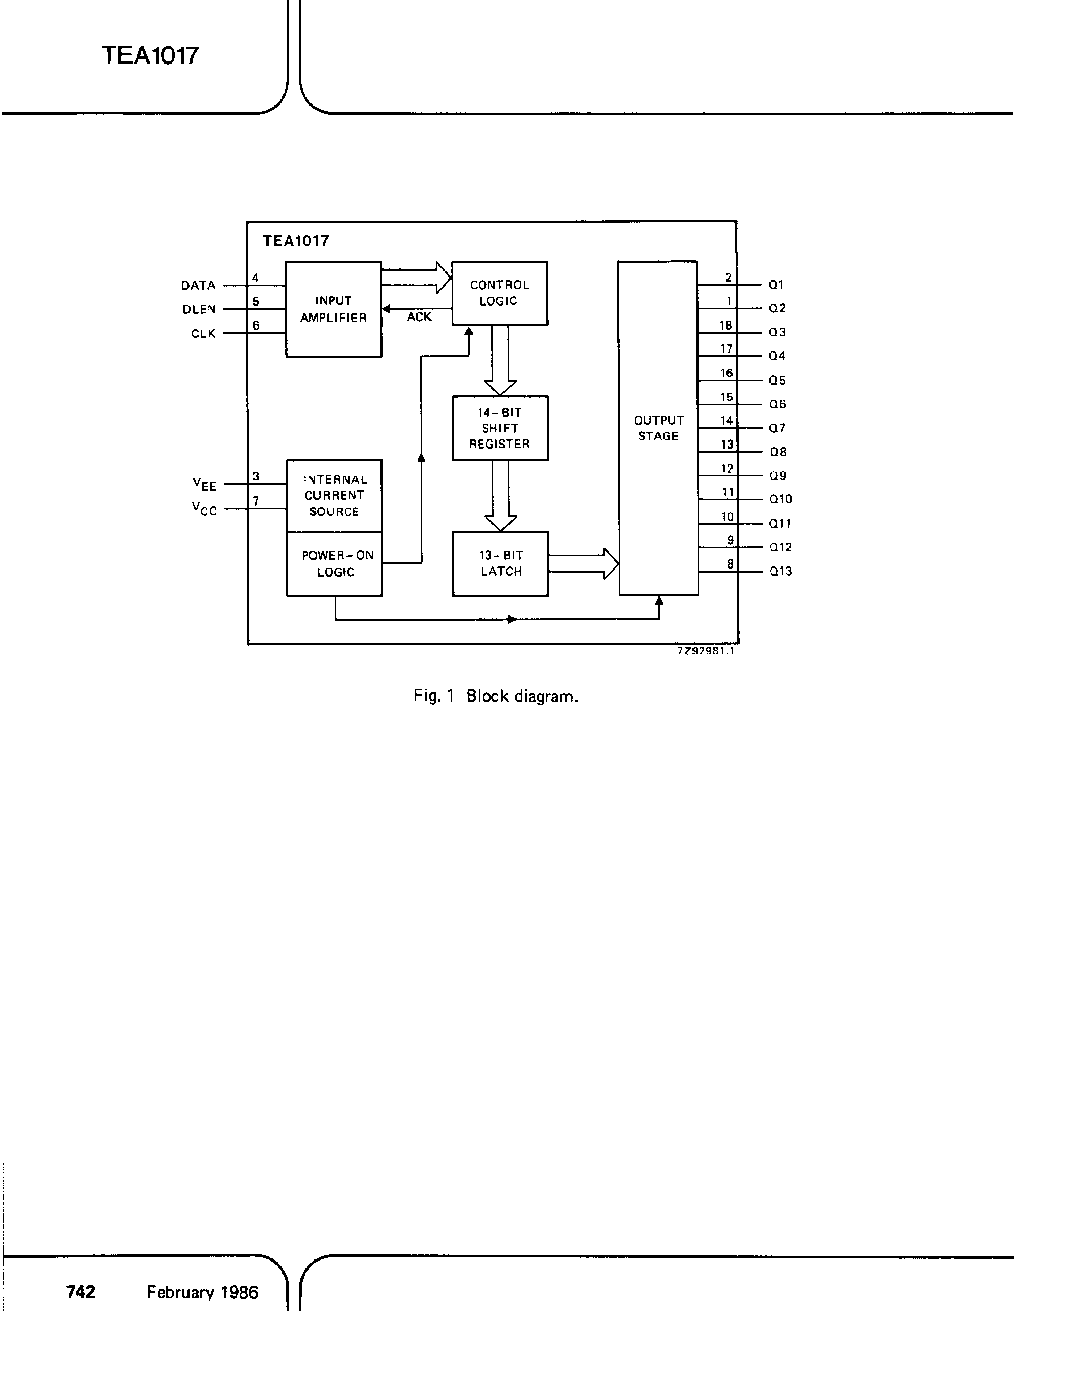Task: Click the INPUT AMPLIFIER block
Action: [x=333, y=309]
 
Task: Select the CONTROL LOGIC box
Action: [x=499, y=293]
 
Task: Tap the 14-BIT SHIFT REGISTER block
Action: [x=500, y=428]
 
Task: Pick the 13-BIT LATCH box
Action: [x=500, y=563]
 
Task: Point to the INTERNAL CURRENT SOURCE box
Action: [x=334, y=495]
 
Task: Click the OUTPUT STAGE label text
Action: [x=659, y=428]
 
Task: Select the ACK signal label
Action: [x=419, y=317]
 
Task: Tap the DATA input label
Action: [x=198, y=286]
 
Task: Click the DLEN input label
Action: [x=199, y=309]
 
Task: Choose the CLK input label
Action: [x=203, y=334]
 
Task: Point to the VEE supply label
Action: [x=204, y=485]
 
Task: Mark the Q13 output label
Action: [x=780, y=571]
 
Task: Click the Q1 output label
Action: [x=776, y=285]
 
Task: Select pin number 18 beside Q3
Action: [x=726, y=325]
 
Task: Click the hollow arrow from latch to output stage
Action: [x=583, y=563]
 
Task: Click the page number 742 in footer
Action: [x=81, y=1292]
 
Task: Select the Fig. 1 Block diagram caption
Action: [x=495, y=696]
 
